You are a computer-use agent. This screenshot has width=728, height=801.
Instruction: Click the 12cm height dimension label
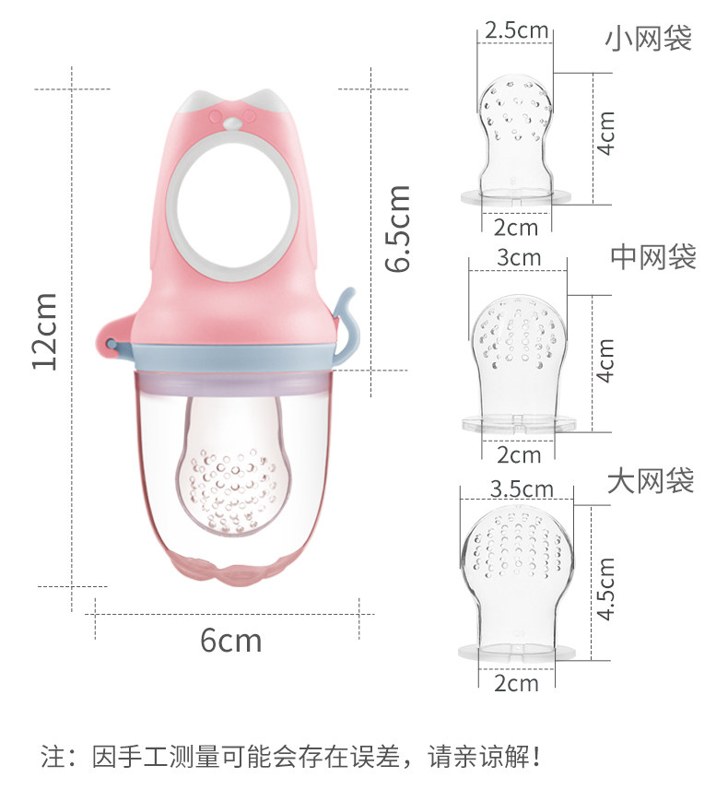pyautogui.click(x=44, y=332)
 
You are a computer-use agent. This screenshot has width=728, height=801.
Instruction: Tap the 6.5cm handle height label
pyautogui.click(x=397, y=229)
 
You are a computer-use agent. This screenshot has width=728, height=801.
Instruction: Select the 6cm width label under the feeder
pyautogui.click(x=231, y=640)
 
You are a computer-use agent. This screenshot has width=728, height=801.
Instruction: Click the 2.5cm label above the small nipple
pyautogui.click(x=516, y=30)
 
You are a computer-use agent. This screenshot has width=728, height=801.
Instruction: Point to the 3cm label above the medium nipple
pyautogui.click(x=519, y=257)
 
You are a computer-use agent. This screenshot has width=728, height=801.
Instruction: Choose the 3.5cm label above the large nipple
pyautogui.click(x=522, y=489)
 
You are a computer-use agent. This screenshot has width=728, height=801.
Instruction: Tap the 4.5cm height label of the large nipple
pyautogui.click(x=606, y=588)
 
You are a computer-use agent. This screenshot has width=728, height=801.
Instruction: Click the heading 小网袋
pyautogui.click(x=649, y=38)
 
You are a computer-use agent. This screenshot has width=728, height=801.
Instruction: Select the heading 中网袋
pyautogui.click(x=653, y=256)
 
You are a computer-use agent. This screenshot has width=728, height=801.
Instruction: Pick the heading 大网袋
pyautogui.click(x=651, y=481)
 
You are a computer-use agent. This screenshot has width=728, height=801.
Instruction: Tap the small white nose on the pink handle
pyautogui.click(x=232, y=124)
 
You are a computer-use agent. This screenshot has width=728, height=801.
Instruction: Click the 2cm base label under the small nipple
pyautogui.click(x=516, y=228)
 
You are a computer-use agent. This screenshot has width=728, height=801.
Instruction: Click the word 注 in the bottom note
pyautogui.click(x=53, y=756)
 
